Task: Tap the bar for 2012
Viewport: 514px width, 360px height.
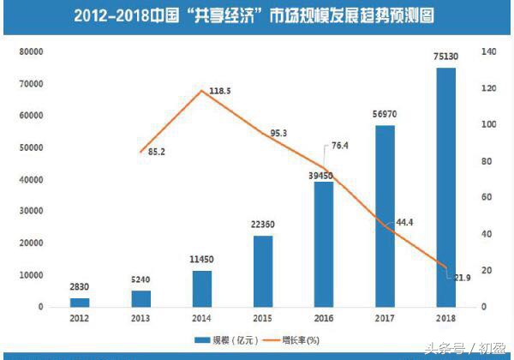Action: [79, 302]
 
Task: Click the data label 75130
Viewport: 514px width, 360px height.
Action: [445, 57]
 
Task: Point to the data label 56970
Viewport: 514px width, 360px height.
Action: [385, 115]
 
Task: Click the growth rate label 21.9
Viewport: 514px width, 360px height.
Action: [463, 277]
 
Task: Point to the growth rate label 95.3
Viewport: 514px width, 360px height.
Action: [279, 133]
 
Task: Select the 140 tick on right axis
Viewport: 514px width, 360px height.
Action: [488, 51]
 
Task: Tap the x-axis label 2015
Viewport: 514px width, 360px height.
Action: [262, 320]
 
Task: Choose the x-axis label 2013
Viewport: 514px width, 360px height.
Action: [140, 320]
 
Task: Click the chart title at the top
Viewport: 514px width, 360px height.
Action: [256, 15]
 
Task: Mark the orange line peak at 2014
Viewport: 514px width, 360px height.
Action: [200, 90]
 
